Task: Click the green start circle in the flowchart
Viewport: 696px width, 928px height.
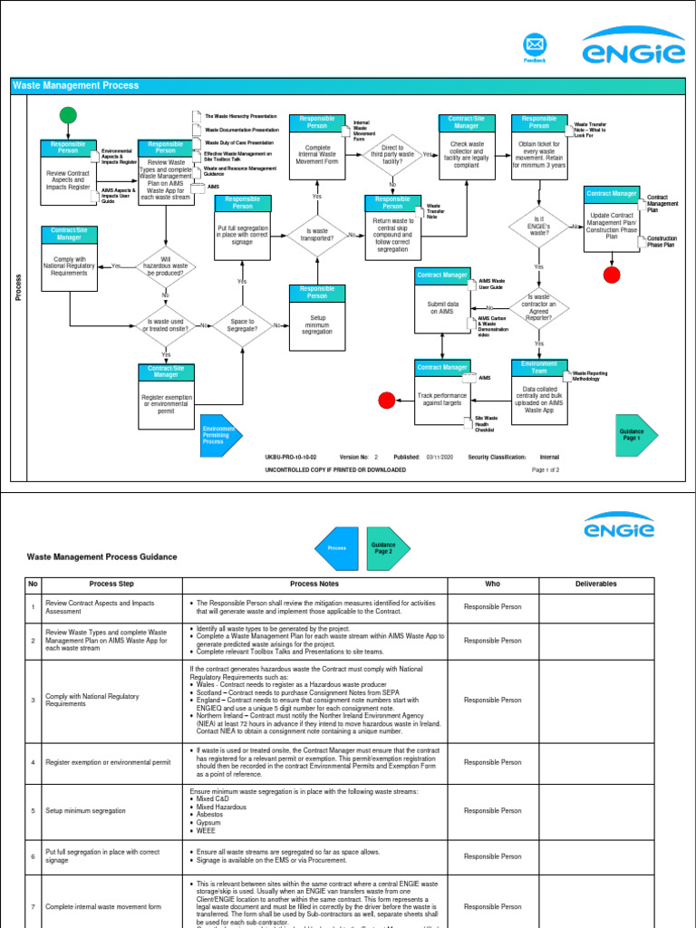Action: [68, 114]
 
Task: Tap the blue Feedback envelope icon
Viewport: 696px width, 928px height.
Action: [535, 44]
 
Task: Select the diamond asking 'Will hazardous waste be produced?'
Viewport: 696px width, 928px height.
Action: [165, 265]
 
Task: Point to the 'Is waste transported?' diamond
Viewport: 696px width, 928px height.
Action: [317, 235]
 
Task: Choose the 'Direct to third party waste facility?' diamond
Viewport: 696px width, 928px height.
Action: [392, 155]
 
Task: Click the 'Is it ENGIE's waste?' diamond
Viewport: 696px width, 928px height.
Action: [539, 225]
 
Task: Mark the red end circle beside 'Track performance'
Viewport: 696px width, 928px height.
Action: [387, 401]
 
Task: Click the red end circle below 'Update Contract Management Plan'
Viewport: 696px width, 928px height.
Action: [613, 275]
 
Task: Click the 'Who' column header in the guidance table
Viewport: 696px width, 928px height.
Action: [492, 585]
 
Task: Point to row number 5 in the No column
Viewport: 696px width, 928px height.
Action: [34, 811]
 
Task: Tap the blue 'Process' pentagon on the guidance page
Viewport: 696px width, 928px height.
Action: [336, 547]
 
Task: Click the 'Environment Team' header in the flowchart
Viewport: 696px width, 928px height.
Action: [539, 367]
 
